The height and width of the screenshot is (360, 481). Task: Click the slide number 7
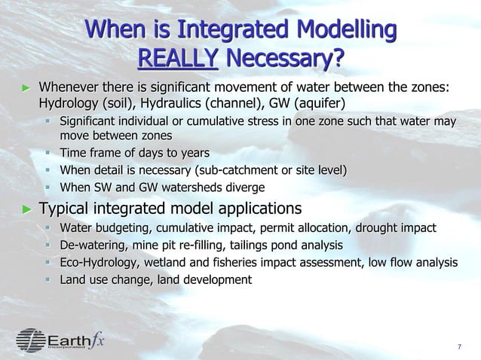(x=459, y=346)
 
